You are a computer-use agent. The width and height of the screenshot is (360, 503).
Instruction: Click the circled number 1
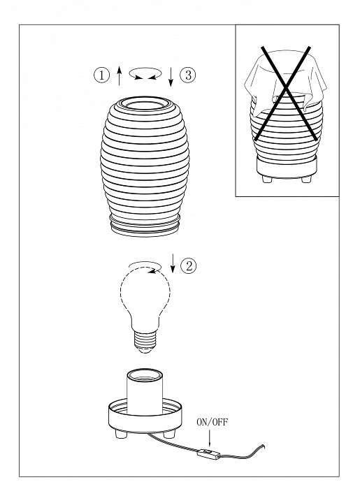(101, 75)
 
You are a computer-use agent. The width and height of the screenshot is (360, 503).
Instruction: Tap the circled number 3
(188, 75)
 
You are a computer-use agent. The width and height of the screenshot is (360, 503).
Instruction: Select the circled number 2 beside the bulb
(188, 266)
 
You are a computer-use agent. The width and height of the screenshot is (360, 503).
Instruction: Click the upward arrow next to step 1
(119, 75)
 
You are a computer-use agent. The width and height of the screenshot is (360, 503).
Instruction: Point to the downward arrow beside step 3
(171, 77)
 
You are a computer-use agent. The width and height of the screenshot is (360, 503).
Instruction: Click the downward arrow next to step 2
(173, 263)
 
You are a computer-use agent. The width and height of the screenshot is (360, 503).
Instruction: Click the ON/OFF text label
(212, 422)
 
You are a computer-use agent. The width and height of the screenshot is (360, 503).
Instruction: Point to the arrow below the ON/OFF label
(210, 438)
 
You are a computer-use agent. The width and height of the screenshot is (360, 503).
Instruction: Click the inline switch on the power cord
(209, 453)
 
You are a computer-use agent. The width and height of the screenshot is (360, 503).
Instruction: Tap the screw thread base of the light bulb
(145, 342)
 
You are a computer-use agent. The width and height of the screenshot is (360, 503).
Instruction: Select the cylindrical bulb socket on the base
(145, 392)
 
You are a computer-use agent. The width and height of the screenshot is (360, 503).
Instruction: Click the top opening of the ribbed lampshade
(145, 103)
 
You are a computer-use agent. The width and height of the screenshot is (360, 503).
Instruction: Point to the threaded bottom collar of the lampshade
(145, 226)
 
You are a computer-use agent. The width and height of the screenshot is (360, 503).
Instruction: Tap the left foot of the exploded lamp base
(121, 435)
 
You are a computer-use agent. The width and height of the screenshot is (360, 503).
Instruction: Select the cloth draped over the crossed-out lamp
(285, 82)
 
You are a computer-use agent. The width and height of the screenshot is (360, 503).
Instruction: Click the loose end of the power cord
(264, 445)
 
